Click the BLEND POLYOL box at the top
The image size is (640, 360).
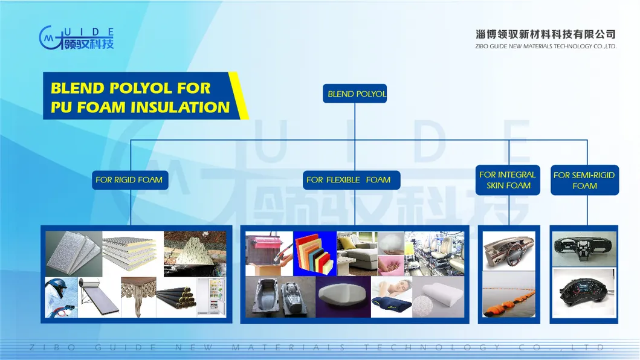pyautogui.click(x=355, y=94)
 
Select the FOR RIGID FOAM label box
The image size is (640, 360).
pyautogui.click(x=129, y=179)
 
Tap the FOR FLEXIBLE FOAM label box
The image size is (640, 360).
pyautogui.click(x=348, y=179)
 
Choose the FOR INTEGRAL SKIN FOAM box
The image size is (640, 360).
pyautogui.click(x=508, y=180)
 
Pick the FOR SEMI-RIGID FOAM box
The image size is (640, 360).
pyautogui.click(x=584, y=180)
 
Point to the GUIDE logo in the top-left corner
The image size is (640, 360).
pyautogui.click(x=76, y=37)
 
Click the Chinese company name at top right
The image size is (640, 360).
pyautogui.click(x=545, y=34)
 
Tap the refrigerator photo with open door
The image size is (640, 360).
pyautogui.click(x=212, y=297)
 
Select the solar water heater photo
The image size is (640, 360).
pyautogui.click(x=100, y=297)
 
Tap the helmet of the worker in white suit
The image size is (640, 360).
pyautogui.click(x=56, y=286)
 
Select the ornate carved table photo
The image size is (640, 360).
pyautogui.click(x=138, y=297)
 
